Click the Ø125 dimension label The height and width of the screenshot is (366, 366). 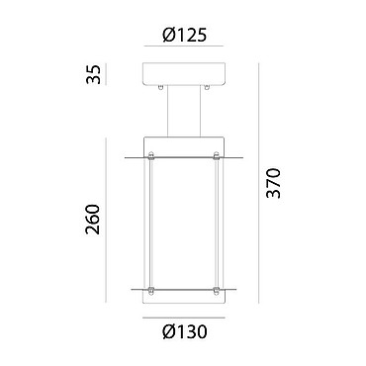tap(185, 35)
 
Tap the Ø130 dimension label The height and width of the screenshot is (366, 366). tap(185, 331)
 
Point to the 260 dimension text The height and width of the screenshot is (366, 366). tap(92, 220)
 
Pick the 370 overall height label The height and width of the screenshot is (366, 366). tap(274, 183)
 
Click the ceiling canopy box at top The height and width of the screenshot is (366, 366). tap(184, 73)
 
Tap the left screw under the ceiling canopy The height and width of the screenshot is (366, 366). tap(160, 87)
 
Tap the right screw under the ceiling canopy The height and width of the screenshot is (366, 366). tap(207, 87)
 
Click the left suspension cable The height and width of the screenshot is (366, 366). tap(168, 111)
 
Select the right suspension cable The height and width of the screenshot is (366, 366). tap(200, 111)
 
